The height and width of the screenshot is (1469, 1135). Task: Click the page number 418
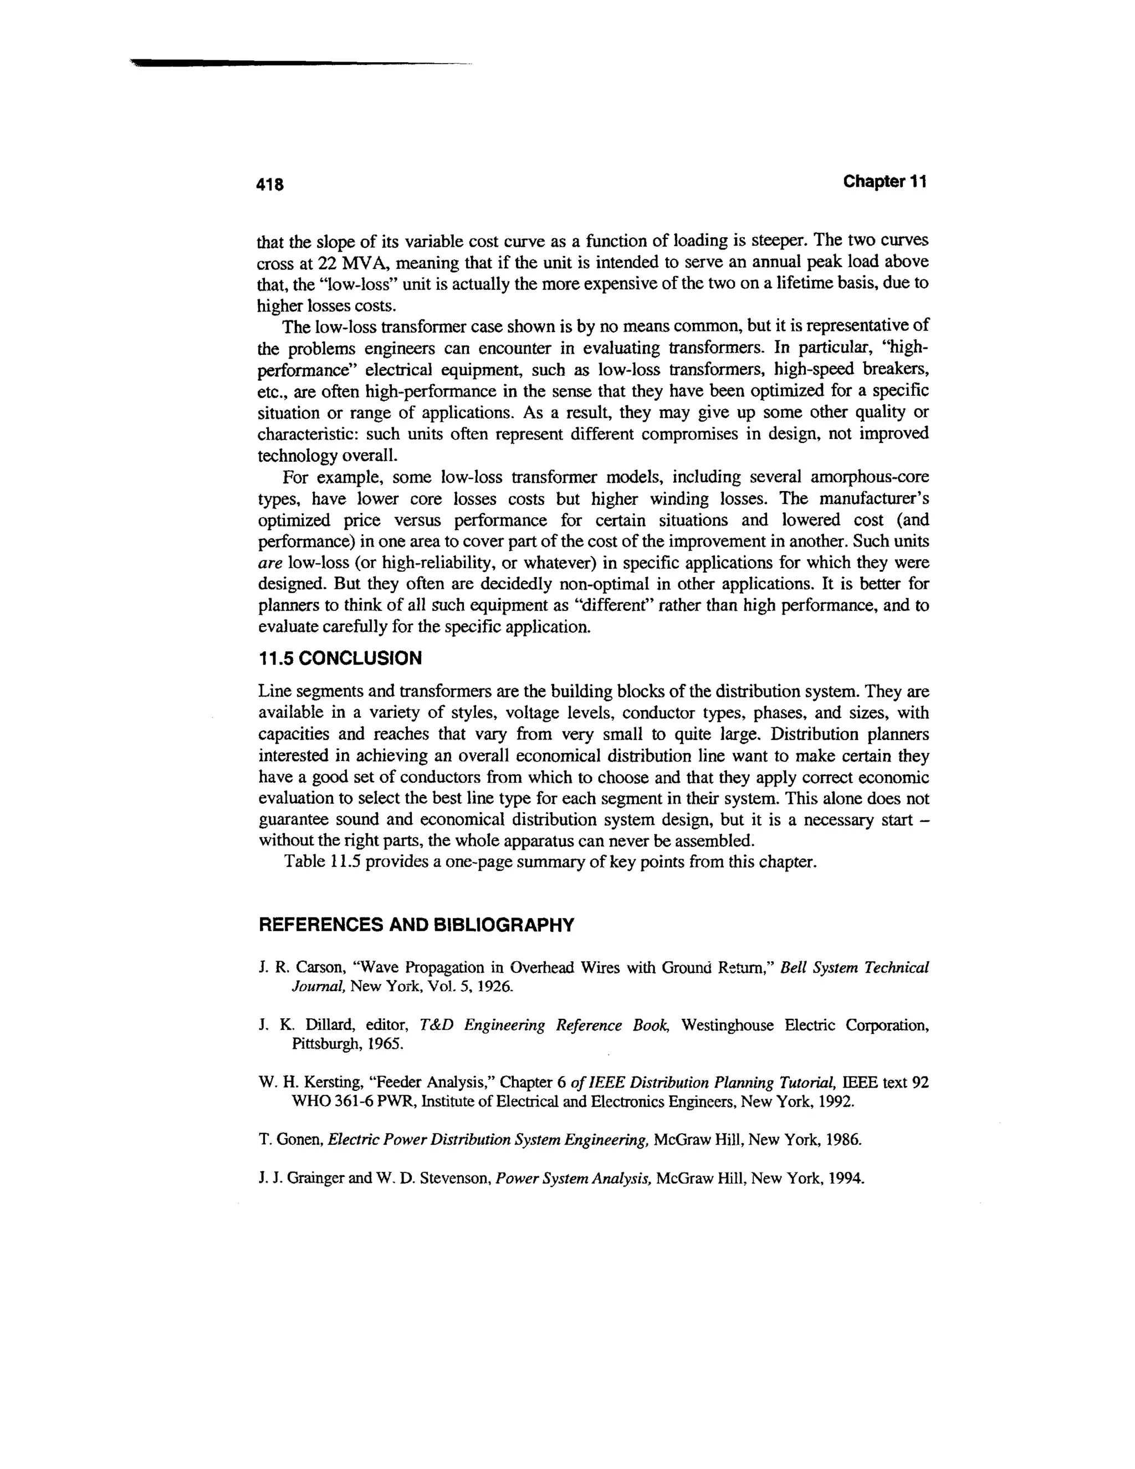click(271, 184)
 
